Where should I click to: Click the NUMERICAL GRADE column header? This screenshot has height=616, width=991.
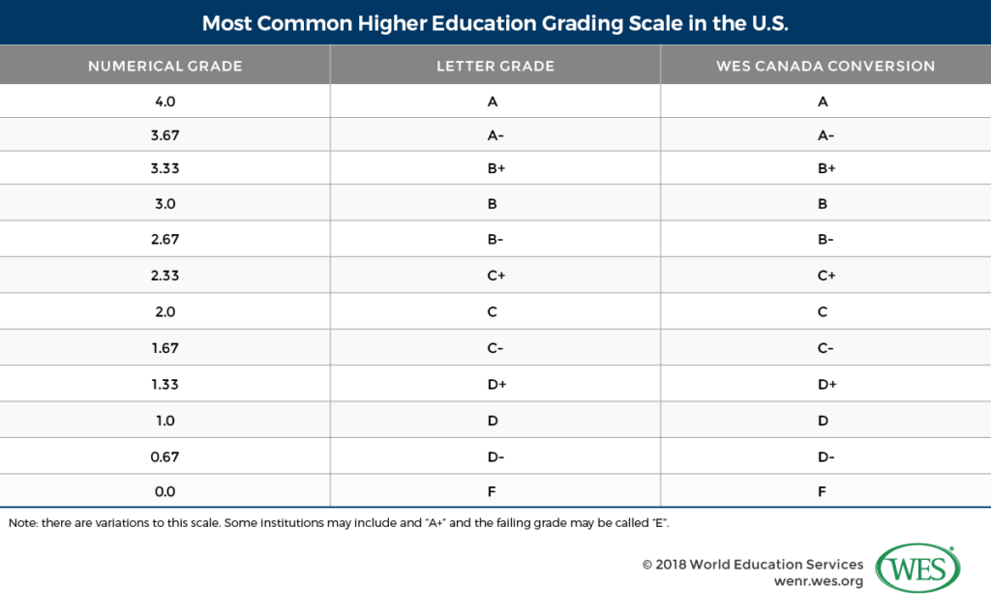tap(165, 67)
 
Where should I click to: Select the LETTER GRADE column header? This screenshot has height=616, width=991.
tap(495, 67)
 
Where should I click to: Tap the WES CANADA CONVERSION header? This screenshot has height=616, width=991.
tap(826, 67)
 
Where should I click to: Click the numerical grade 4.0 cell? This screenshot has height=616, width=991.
tap(165, 101)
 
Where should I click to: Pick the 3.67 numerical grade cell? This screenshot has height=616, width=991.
tap(165, 136)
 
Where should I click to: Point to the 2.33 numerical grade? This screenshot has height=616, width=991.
tap(165, 276)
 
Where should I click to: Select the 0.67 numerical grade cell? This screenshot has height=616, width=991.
tap(165, 455)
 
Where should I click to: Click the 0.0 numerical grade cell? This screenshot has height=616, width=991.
tap(165, 491)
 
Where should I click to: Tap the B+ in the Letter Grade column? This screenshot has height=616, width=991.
tap(495, 168)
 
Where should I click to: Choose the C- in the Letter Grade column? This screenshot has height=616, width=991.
tap(495, 347)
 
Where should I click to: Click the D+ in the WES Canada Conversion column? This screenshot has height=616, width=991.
tap(826, 384)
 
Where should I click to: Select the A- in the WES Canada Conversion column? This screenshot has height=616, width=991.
tap(826, 136)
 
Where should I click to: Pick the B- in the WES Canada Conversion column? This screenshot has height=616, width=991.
tap(826, 240)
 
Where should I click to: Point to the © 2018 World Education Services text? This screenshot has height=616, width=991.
tap(752, 564)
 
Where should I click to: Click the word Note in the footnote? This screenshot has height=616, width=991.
tap(21, 522)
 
